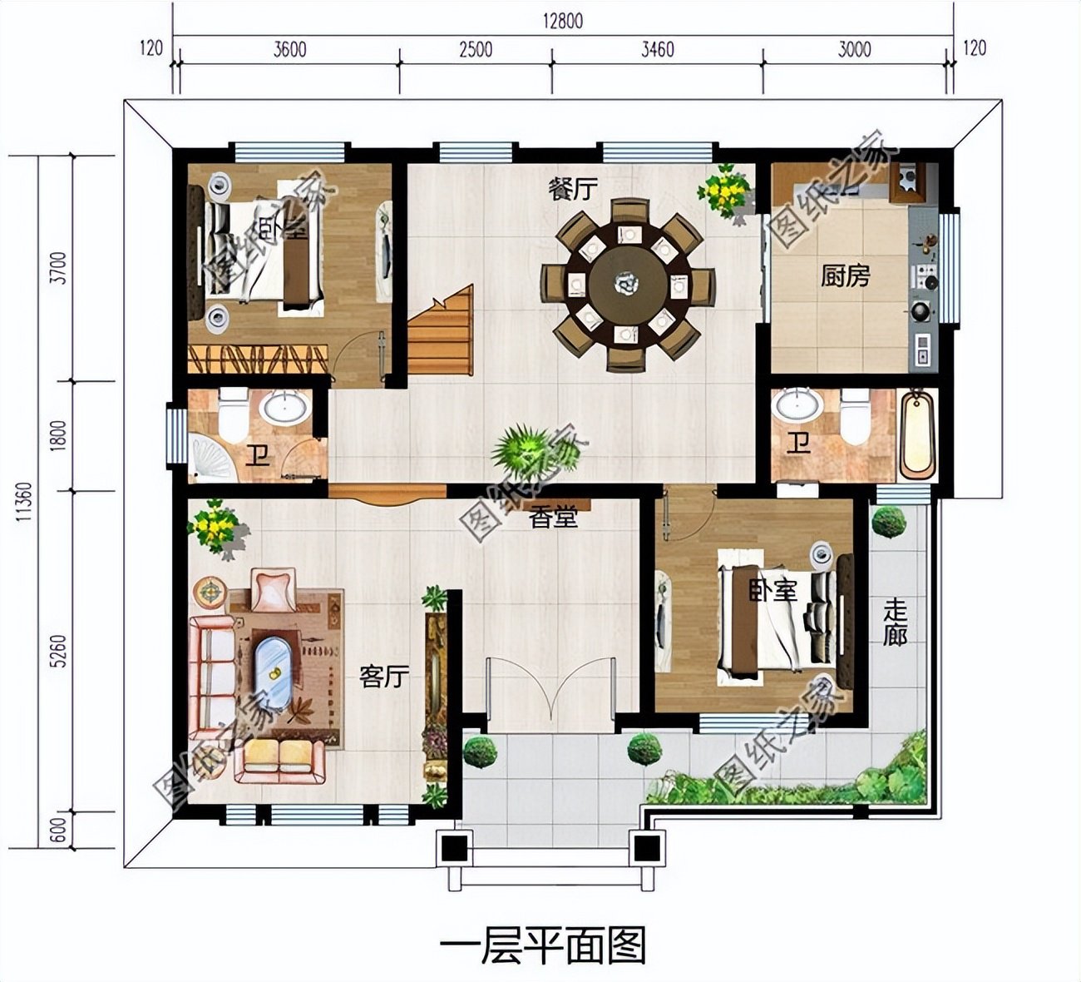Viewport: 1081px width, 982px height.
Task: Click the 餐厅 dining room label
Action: point(572,189)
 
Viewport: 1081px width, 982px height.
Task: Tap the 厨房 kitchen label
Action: point(845,275)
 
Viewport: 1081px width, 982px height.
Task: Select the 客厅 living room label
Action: point(384,677)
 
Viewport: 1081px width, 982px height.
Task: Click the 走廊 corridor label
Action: point(895,622)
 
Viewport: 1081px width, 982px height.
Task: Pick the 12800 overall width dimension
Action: point(563,21)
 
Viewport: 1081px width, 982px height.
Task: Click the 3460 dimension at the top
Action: point(657,49)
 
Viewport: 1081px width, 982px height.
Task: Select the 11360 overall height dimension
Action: point(24,502)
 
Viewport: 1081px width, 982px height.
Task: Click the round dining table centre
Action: point(628,285)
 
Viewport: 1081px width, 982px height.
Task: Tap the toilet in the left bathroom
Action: point(234,416)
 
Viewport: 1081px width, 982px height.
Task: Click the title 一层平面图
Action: point(542,945)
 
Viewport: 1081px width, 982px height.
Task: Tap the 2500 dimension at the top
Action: point(475,49)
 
